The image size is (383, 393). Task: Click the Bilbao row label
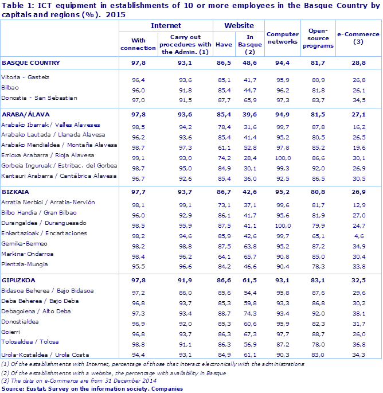(11, 87)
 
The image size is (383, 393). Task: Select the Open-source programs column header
(318, 38)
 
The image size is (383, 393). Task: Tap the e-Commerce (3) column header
(359, 38)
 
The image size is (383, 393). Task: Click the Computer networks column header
(283, 38)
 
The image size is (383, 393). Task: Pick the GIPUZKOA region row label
(19, 280)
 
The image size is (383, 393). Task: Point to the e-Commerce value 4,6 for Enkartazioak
(359, 234)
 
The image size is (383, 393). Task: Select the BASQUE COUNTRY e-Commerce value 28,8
(359, 62)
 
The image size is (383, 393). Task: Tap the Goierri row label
(11, 332)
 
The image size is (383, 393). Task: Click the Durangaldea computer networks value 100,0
(283, 223)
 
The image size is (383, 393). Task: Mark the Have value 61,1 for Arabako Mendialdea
(224, 146)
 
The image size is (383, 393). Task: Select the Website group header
(239, 26)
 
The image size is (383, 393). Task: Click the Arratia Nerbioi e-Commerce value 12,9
(359, 203)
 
